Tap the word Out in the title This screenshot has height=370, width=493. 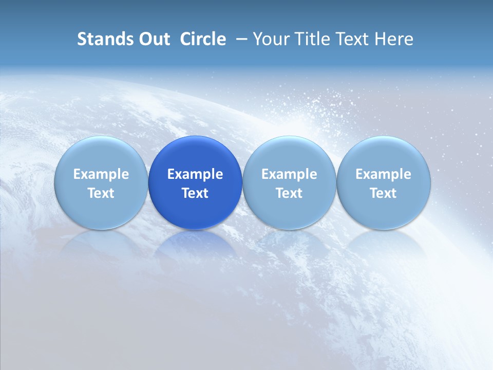(x=153, y=39)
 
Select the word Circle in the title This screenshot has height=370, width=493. (x=203, y=39)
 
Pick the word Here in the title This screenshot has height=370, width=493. (x=394, y=39)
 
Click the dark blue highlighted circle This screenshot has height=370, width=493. (x=195, y=154)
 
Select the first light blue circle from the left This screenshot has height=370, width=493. (x=101, y=154)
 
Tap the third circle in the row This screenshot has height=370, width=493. (x=289, y=154)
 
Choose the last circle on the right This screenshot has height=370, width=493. (x=383, y=154)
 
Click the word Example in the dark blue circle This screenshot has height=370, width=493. (x=195, y=174)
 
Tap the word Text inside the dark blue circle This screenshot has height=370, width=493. (x=195, y=193)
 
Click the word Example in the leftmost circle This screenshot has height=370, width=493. (x=101, y=174)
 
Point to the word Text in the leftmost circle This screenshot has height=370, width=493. (x=101, y=193)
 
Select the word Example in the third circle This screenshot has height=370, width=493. (x=289, y=174)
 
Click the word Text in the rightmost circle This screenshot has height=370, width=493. (x=383, y=193)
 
